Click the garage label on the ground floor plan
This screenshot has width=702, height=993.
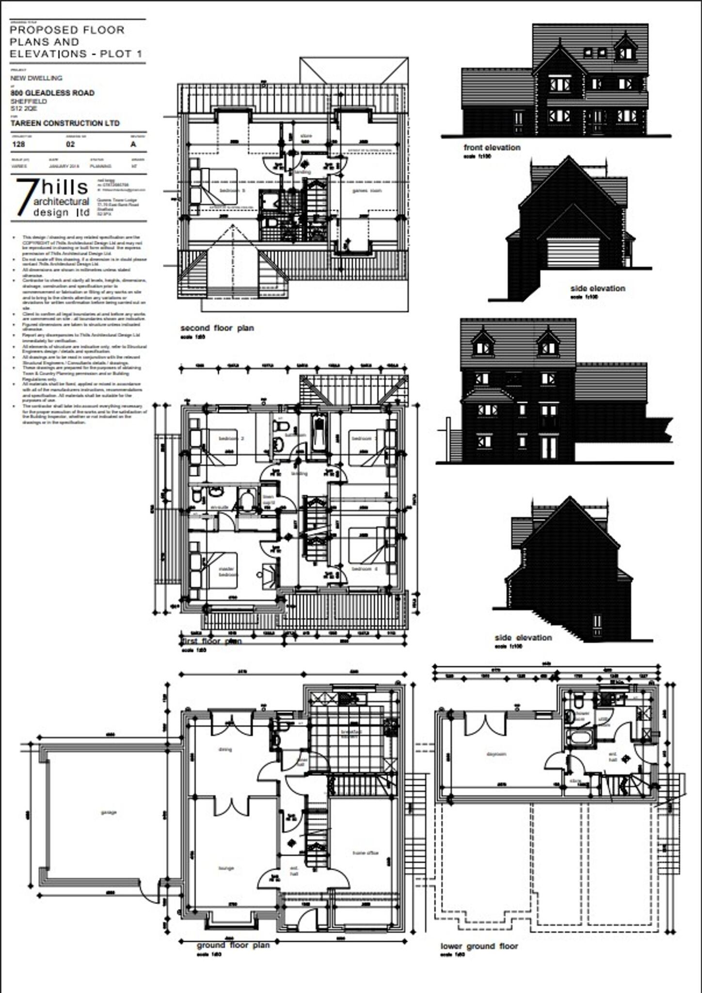[x=109, y=812]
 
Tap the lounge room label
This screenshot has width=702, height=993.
[x=226, y=868]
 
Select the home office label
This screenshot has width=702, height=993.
[x=365, y=853]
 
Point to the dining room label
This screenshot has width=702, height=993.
[x=225, y=749]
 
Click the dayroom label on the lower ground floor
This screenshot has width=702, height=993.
[x=496, y=754]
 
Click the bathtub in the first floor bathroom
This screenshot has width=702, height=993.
[x=319, y=433]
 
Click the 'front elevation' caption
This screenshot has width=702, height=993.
[x=492, y=147]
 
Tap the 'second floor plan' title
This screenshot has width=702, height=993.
[x=217, y=328]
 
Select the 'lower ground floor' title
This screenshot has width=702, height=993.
[x=479, y=946]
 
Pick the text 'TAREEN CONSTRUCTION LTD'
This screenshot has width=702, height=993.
[x=65, y=124]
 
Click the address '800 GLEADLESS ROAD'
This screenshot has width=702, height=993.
[x=52, y=93]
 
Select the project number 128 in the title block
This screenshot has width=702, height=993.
[x=18, y=144]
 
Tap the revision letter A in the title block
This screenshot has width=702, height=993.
[x=133, y=144]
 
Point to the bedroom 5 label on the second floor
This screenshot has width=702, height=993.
[x=232, y=191]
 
